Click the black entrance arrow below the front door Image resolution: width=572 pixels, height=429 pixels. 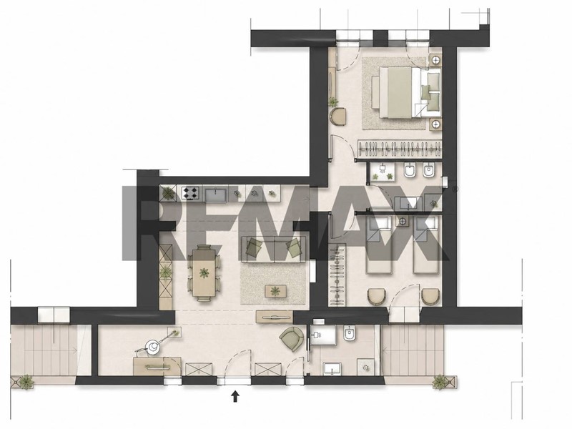pyautogui.click(x=235, y=396)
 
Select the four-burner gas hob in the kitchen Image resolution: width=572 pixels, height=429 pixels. pyautogui.click(x=191, y=193)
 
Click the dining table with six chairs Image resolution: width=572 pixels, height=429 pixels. pyautogui.click(x=204, y=272)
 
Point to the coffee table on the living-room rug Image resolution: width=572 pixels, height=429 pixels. pyautogui.click(x=277, y=291)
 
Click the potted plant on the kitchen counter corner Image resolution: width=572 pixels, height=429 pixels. pyautogui.click(x=168, y=192)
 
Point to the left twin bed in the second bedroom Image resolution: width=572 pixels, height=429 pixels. pyautogui.click(x=380, y=244)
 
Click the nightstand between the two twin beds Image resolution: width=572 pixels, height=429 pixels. pyautogui.click(x=403, y=221)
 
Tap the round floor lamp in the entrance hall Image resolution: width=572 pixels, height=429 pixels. pyautogui.click(x=152, y=347)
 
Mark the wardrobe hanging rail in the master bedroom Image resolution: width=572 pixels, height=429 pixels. pyautogui.click(x=400, y=148)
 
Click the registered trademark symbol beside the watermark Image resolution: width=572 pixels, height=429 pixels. pyautogui.click(x=455, y=189)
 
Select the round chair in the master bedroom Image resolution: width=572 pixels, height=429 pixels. pyautogui.click(x=339, y=116)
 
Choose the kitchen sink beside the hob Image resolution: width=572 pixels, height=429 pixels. pyautogui.click(x=216, y=194)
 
